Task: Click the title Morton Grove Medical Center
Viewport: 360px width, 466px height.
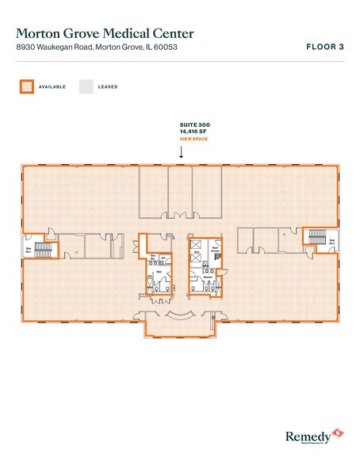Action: tap(104, 34)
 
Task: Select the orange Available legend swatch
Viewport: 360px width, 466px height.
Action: tap(26, 86)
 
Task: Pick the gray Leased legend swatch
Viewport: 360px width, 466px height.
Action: tap(86, 86)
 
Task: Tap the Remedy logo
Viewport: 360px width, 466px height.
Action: tap(313, 434)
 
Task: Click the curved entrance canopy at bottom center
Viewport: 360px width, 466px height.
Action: tap(181, 319)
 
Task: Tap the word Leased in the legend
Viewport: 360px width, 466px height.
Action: tap(109, 86)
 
